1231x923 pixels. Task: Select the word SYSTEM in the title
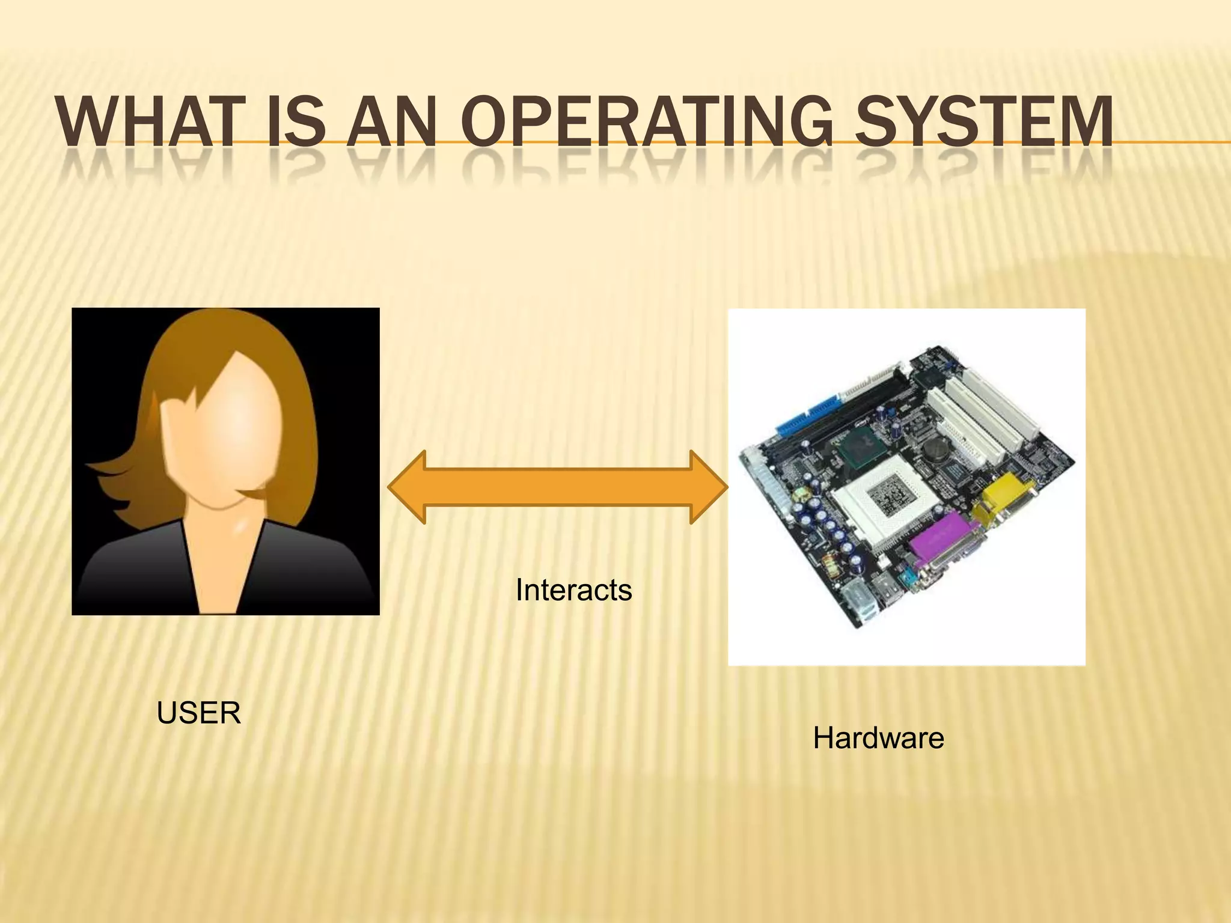click(x=983, y=123)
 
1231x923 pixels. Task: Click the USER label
click(x=198, y=713)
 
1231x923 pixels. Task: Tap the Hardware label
click(x=878, y=738)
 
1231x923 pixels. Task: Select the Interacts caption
click(x=573, y=590)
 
